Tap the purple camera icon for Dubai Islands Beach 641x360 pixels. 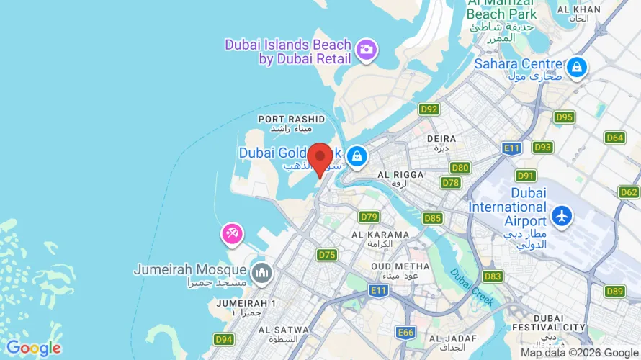coord(367,50)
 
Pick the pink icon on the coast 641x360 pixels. coord(232,234)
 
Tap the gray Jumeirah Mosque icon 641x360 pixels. coord(261,273)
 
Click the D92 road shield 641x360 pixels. coord(429,109)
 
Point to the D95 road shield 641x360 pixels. coord(564,117)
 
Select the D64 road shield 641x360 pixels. coord(614,137)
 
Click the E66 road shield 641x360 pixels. coord(405,332)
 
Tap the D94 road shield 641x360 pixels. coord(224,338)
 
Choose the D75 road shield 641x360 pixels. coord(327,254)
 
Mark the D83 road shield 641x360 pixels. coord(493,276)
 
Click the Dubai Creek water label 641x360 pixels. coord(473,287)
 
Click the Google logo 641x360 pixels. coord(33,348)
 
